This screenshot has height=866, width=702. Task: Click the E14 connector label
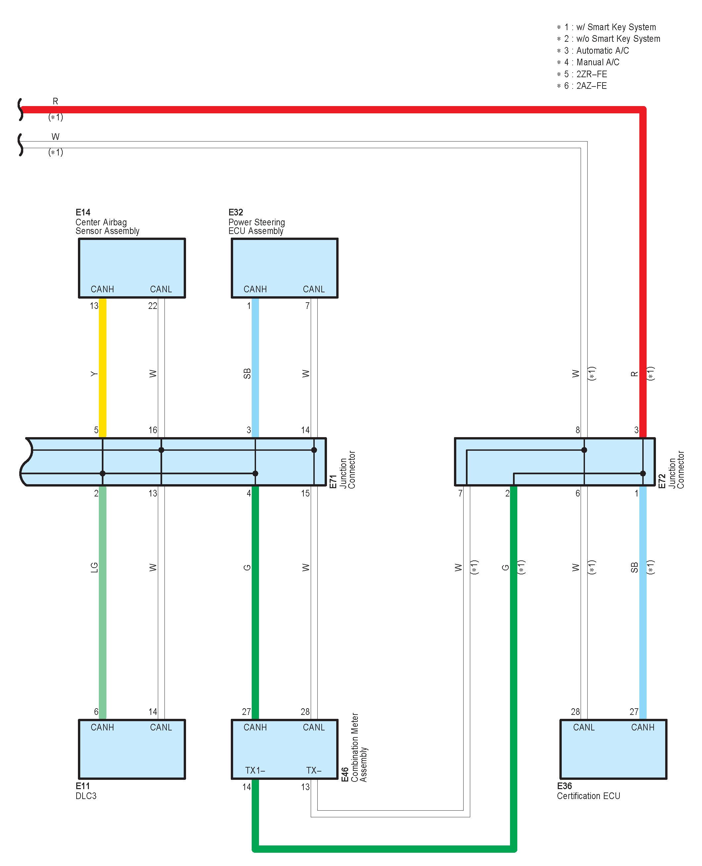[x=83, y=212]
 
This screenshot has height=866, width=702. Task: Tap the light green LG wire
[x=103, y=598]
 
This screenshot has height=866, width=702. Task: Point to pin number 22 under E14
[x=153, y=306]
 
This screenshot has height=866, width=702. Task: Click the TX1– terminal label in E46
[x=255, y=770]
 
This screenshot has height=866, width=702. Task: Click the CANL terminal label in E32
[x=314, y=289]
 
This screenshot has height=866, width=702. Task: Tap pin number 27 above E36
[x=634, y=712]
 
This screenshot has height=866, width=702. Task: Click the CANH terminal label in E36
[x=643, y=727]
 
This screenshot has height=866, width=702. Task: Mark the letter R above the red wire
[x=55, y=101]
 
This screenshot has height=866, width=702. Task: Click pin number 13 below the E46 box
[x=305, y=787]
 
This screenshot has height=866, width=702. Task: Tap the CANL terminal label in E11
[x=161, y=727]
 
